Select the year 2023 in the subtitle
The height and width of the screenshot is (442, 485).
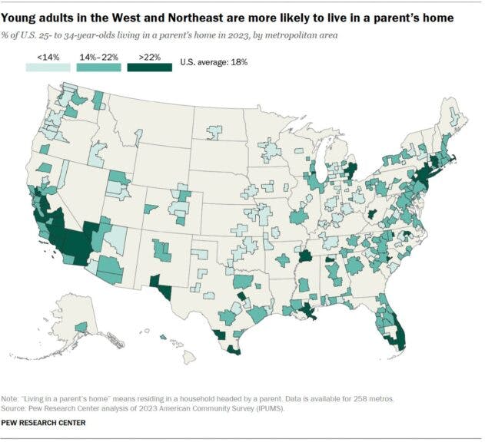tap(235, 35)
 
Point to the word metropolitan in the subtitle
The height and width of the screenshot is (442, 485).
tap(280, 35)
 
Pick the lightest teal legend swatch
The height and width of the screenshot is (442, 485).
tap(45, 67)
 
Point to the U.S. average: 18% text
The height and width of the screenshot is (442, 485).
tap(213, 63)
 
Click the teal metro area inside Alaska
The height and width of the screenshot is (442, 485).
tap(81, 328)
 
